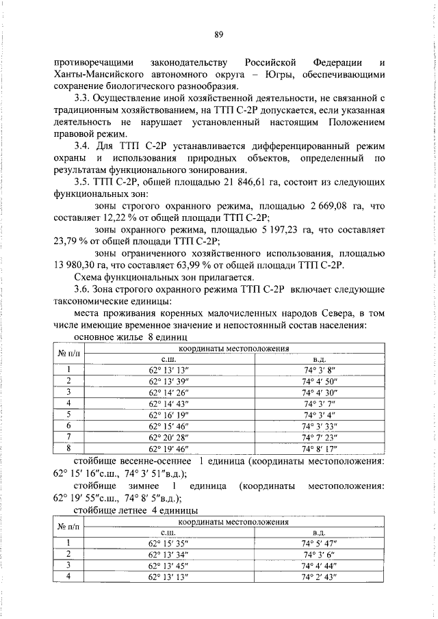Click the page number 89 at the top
(x=220, y=35)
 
